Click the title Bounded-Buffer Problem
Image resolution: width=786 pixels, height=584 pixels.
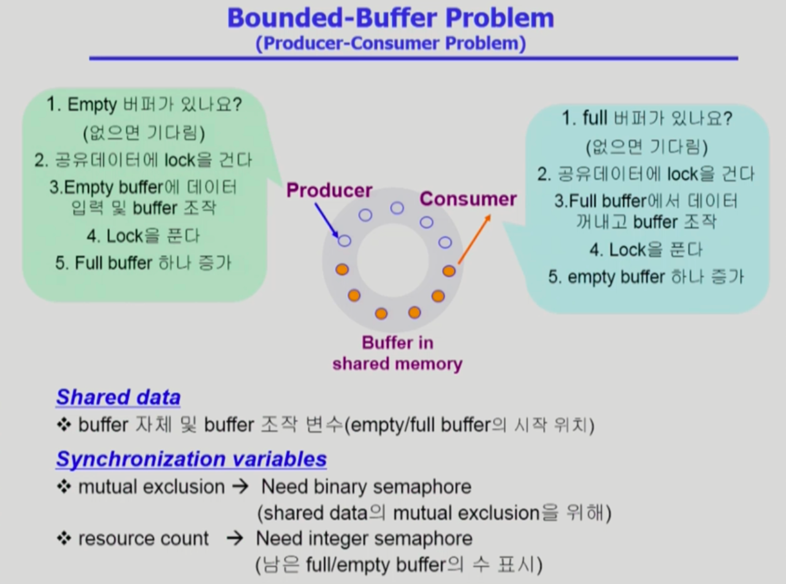391,18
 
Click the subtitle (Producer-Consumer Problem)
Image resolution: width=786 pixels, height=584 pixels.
391,44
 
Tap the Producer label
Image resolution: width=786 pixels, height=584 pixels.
329,190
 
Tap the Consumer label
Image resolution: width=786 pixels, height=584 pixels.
468,199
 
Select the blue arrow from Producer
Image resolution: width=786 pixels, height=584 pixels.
327,220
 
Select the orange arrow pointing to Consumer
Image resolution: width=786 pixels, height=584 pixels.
475,239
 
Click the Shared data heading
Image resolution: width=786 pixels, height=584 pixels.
118,397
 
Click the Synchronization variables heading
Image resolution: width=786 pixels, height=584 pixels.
191,459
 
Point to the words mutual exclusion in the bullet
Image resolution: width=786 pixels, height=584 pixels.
151,486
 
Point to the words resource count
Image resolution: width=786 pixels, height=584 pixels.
143,538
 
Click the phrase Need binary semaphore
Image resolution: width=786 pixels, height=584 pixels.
366,487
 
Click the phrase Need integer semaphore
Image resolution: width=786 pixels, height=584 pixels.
364,539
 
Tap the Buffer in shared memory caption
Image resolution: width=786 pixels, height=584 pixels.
397,353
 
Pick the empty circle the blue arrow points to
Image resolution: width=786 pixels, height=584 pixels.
344,240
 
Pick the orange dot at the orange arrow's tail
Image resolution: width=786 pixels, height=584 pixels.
449,271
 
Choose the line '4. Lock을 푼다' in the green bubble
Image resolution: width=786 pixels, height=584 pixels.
143,236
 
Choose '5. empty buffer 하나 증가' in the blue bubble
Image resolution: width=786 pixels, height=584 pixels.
646,277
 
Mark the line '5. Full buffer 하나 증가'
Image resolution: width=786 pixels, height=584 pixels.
143,263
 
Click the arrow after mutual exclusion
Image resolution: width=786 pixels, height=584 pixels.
240,486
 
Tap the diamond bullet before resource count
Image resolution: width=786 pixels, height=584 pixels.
64,538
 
